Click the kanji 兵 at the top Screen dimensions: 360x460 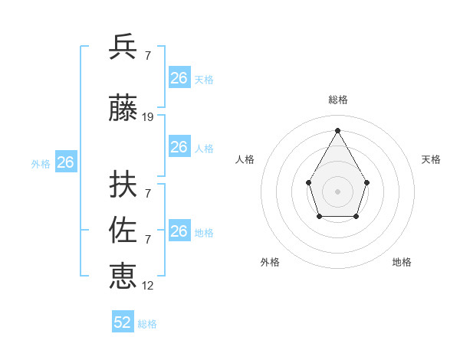123,47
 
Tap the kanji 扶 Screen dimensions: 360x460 123,184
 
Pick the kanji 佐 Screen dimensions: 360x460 123,229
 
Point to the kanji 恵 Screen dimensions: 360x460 123,274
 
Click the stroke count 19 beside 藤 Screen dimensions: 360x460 148,117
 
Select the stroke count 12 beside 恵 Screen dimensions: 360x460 148,285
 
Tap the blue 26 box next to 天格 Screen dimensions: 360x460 179,78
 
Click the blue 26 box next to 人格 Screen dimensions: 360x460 179,147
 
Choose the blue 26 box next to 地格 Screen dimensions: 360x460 179,231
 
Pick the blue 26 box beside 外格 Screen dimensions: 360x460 66,162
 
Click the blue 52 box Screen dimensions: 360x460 123,322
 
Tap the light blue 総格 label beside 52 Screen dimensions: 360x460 147,324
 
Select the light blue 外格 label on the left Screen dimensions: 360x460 41,164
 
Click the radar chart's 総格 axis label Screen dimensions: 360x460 337,100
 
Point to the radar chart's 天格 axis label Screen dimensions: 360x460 431,159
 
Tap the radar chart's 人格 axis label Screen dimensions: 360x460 245,159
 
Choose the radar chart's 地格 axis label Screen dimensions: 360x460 402,262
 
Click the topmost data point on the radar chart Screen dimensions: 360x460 337,129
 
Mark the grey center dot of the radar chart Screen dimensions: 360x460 337,191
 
